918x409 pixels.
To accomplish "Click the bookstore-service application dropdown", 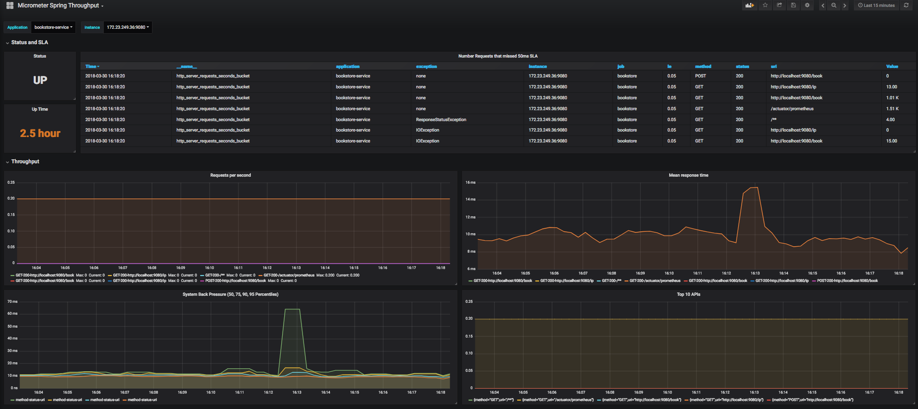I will [53, 27].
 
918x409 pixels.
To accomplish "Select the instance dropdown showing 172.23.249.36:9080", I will [128, 27].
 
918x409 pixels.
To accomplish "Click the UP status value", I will [40, 80].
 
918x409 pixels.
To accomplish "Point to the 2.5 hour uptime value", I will [40, 134].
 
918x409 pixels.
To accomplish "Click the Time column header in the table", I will [92, 67].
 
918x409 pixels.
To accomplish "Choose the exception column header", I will [426, 67].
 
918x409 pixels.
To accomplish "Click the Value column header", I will [892, 67].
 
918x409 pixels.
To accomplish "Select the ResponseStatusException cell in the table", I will [441, 120].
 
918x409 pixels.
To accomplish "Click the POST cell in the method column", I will [700, 76].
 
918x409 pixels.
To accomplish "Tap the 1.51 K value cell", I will [892, 109].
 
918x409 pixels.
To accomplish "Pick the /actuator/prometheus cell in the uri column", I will [792, 109].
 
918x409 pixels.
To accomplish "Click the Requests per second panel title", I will [230, 175].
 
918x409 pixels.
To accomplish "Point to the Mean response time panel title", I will [688, 175].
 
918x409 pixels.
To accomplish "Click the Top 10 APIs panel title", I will [688, 294].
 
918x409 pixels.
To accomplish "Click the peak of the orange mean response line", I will [754, 188].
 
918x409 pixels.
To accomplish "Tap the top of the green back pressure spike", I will [292, 309].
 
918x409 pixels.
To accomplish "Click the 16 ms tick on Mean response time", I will [470, 183].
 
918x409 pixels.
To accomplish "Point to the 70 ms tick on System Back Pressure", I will [12, 301].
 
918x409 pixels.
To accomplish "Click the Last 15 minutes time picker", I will [876, 5].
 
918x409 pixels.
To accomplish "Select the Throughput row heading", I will [25, 162].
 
